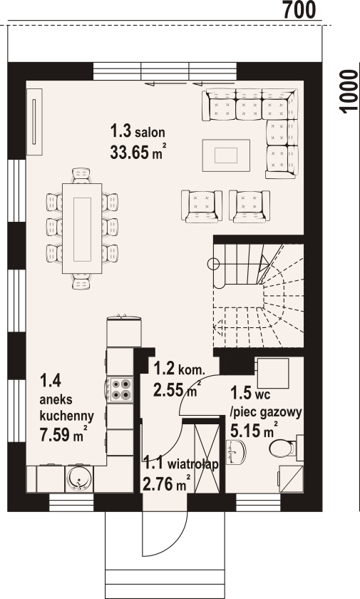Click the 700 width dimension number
click(299, 9)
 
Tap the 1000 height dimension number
click(348, 92)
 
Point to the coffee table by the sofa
click(226, 155)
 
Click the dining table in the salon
click(82, 228)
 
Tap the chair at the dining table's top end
click(82, 175)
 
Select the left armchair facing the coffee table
click(202, 206)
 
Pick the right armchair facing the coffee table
click(250, 206)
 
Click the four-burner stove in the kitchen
click(120, 389)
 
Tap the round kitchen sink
click(79, 477)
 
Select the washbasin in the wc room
click(235, 452)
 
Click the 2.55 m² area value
click(177, 390)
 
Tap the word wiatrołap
click(193, 464)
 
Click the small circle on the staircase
click(213, 264)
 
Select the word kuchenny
click(67, 415)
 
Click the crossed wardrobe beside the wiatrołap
click(207, 458)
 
